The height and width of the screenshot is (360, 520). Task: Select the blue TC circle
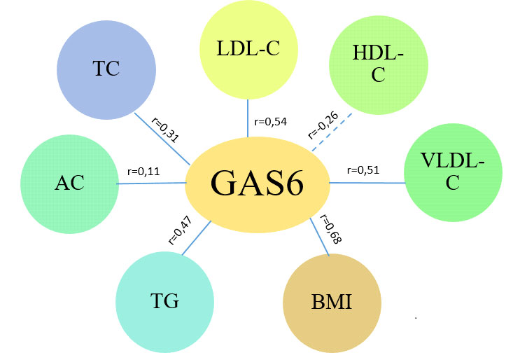pyautogui.click(x=106, y=68)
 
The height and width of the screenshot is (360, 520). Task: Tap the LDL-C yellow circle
pyautogui.click(x=248, y=50)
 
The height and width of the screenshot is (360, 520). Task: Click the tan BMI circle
pyautogui.click(x=332, y=304)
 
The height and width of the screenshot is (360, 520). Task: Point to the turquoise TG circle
pyautogui.click(x=165, y=301)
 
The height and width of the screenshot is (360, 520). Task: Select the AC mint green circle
pyautogui.click(x=69, y=183)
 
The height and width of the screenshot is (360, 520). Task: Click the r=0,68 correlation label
pyautogui.click(x=330, y=229)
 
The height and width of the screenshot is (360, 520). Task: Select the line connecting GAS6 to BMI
pyautogui.click(x=321, y=238)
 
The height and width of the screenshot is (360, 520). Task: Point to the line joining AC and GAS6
pyautogui.click(x=151, y=184)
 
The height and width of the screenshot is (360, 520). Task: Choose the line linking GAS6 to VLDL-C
pyautogui.click(x=367, y=183)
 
